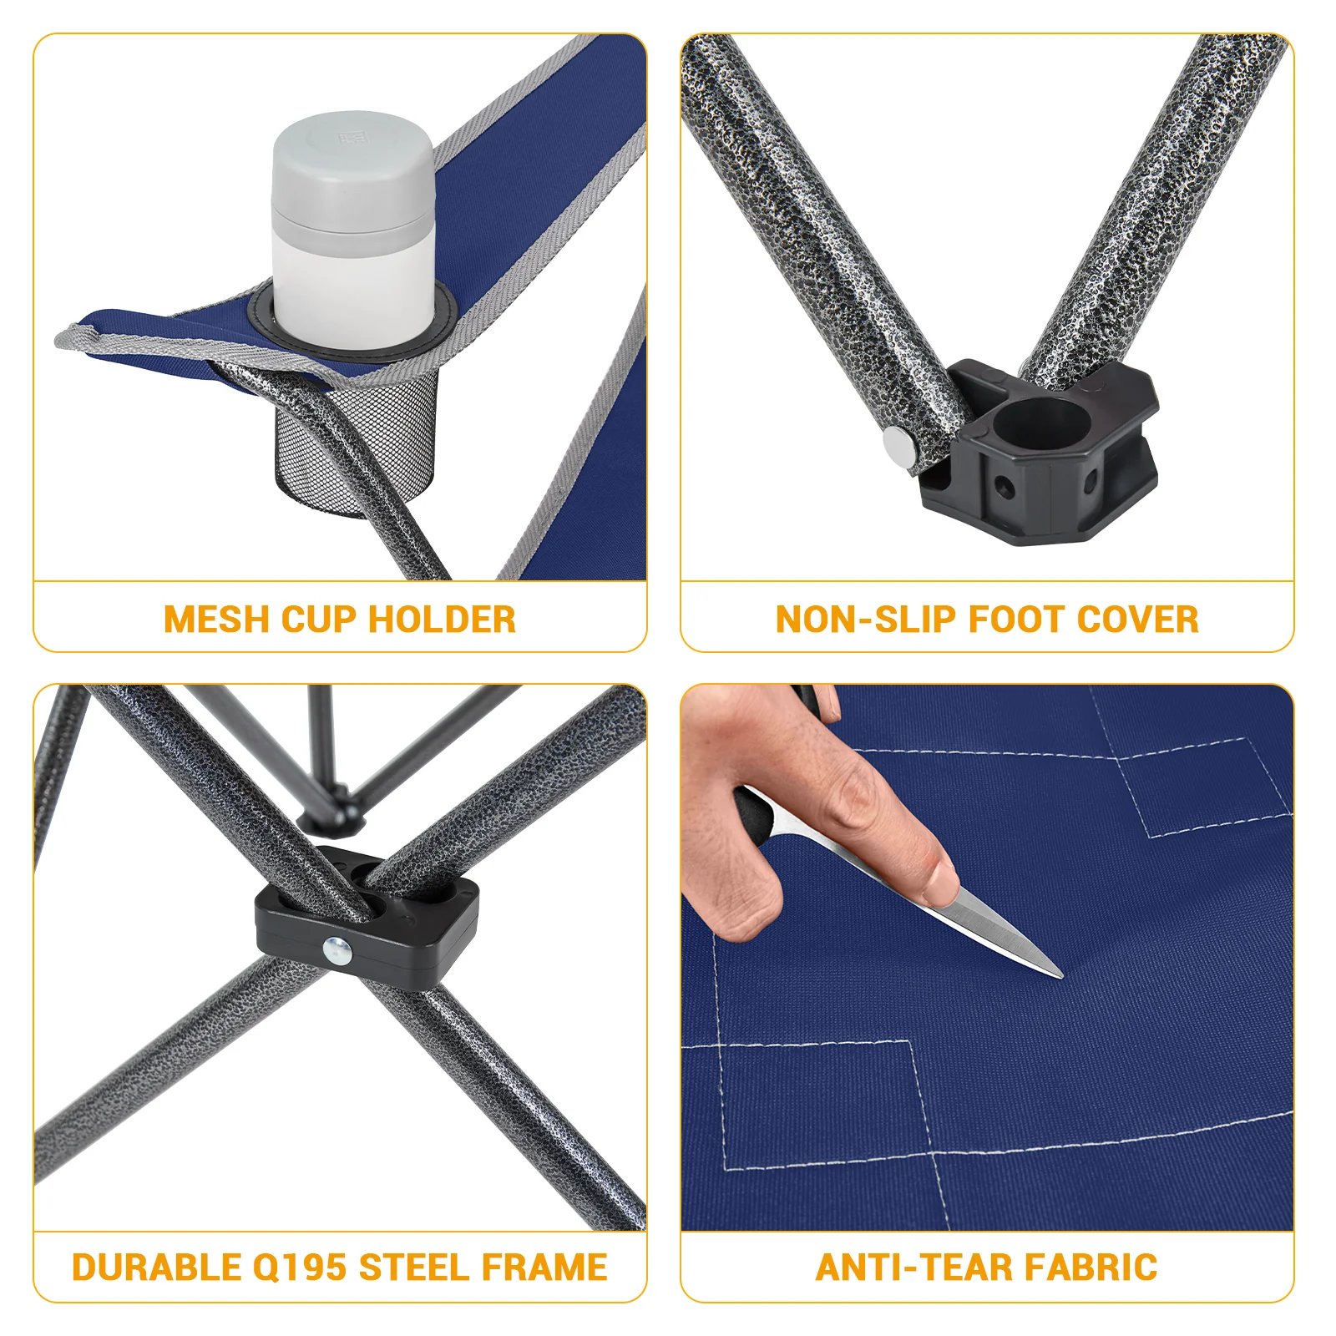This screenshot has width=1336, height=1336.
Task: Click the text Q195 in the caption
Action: click(x=299, y=1268)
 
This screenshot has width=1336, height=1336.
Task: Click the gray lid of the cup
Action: click(x=352, y=167)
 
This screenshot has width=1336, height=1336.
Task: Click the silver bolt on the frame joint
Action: click(x=337, y=949)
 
